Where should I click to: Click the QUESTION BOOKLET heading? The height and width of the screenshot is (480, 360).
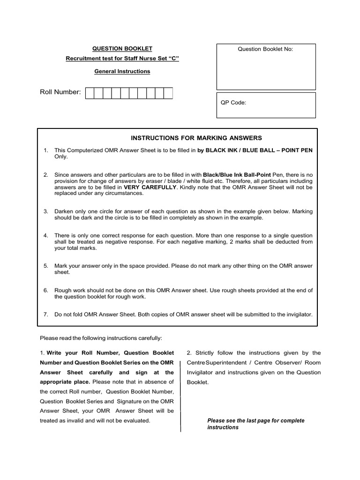122,49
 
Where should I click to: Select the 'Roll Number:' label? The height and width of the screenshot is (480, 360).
60,92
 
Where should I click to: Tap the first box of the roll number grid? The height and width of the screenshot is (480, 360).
90,93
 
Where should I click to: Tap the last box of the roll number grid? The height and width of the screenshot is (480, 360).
168,93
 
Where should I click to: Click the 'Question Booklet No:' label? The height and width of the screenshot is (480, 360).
266,49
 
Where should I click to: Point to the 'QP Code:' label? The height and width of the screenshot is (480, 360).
233,103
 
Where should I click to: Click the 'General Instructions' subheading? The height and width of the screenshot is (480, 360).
122,72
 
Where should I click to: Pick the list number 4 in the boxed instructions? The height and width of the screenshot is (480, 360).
46,235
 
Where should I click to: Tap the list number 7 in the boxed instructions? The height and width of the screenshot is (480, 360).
46,315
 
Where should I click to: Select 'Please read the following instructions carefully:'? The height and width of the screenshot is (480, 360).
101,337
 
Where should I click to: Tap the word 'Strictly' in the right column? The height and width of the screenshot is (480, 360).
204,353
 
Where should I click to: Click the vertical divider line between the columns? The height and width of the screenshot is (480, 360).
181,394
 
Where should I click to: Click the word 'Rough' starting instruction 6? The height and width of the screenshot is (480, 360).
63,291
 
